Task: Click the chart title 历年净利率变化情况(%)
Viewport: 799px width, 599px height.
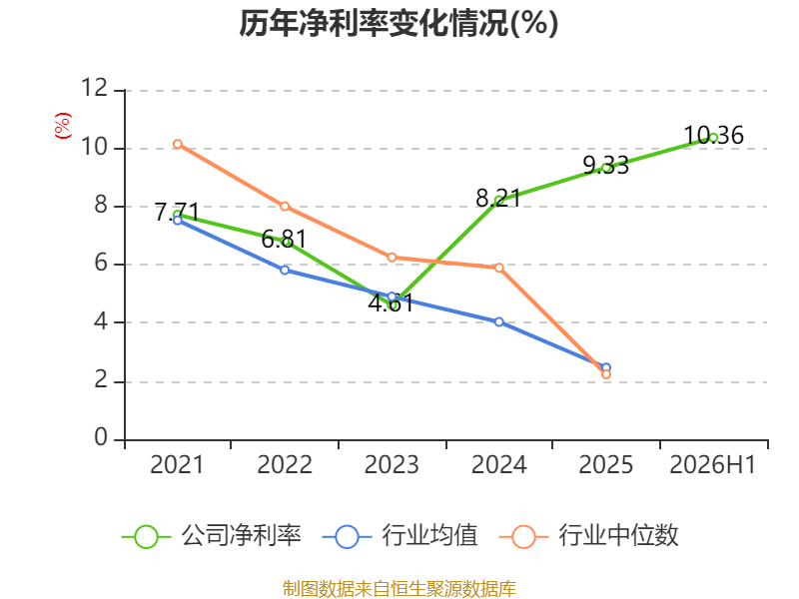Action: coord(399,23)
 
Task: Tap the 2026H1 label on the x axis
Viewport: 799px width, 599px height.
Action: coord(713,464)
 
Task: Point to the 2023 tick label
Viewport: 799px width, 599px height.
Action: coord(392,464)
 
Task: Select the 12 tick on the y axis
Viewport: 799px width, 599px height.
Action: coord(95,88)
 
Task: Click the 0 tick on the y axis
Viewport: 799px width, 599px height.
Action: coord(101,437)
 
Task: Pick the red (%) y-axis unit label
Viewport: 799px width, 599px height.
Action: coord(62,126)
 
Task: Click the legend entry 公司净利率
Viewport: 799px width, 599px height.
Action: coord(212,536)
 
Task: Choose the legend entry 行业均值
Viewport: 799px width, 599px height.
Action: coord(400,536)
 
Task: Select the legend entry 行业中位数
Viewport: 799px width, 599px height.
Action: coord(589,536)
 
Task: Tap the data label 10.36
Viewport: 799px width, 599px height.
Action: coord(713,136)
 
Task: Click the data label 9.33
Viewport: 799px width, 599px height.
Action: coord(606,165)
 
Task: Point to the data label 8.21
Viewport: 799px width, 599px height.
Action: coord(498,198)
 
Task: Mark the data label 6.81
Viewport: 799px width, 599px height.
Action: coord(285,239)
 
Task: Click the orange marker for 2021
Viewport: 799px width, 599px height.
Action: coord(178,144)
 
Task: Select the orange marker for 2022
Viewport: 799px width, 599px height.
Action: coord(285,207)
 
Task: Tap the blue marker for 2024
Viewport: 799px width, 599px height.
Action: coord(498,321)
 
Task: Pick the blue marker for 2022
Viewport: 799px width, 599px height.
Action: coord(285,270)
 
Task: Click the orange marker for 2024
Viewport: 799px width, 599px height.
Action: coord(498,268)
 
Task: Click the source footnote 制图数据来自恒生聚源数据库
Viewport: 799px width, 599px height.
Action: coord(399,588)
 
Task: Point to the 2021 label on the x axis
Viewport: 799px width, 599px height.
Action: coord(177,464)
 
